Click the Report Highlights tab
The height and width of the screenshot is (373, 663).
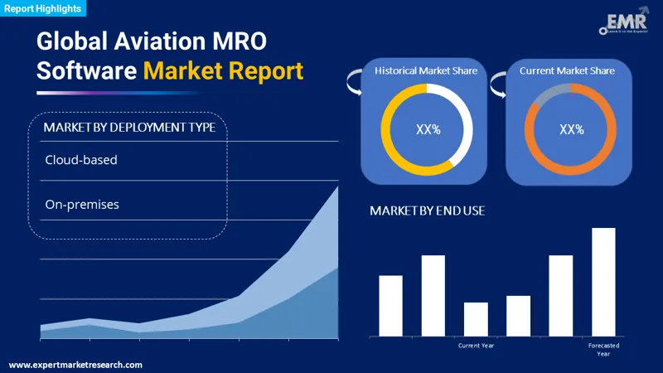tap(43, 9)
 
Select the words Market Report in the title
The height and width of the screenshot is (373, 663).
tap(224, 70)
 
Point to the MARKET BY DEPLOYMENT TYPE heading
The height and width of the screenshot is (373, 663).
tap(129, 127)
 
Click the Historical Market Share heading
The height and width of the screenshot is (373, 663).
tap(426, 71)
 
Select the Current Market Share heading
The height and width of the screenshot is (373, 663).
tap(567, 71)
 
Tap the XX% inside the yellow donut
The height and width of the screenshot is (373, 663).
tap(427, 129)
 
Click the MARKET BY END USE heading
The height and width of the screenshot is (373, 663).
tap(428, 211)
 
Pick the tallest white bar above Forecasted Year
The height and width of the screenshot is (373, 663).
tap(603, 282)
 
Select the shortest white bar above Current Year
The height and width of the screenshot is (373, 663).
tap(476, 319)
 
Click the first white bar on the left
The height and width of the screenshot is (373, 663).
tap(390, 305)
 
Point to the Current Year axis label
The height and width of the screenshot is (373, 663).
tap(476, 345)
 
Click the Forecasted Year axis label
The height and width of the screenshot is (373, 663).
tap(603, 349)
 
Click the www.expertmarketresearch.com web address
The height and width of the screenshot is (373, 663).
tap(75, 365)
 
